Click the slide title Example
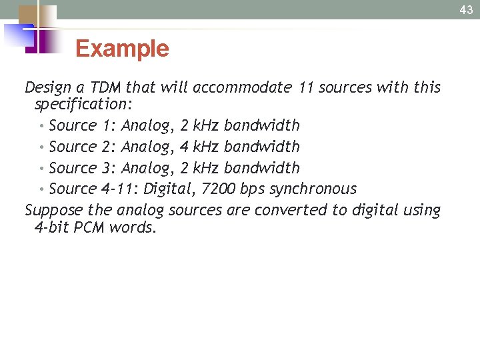[x=122, y=49]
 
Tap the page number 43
[x=466, y=9]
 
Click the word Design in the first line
[x=47, y=87]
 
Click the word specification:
[x=83, y=104]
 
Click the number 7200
[x=217, y=189]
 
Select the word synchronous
[x=313, y=189]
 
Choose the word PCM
[x=89, y=227]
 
